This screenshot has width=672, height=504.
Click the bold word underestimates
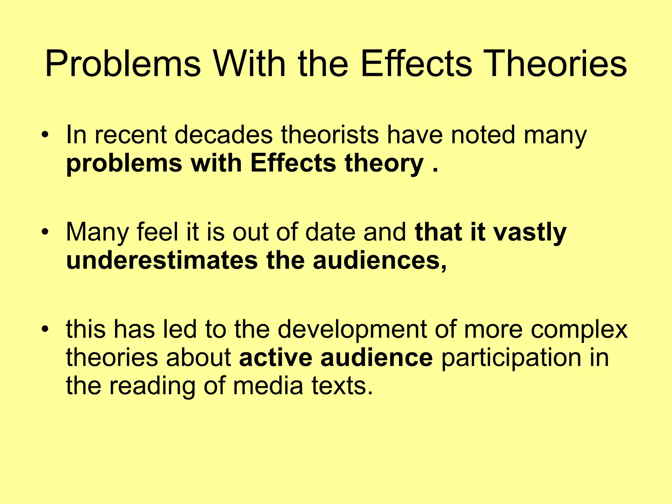[162, 261]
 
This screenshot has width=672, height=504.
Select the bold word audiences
[379, 261]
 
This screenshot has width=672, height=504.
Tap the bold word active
[276, 358]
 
